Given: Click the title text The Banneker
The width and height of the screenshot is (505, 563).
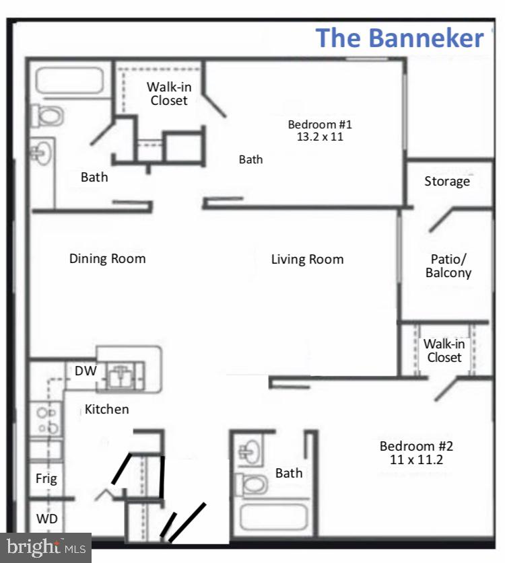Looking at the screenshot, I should (399, 38).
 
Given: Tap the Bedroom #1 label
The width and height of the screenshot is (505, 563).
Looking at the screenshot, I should (320, 124).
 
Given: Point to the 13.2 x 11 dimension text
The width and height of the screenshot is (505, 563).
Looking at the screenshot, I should (320, 137).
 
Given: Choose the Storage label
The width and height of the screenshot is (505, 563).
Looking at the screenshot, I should (447, 182).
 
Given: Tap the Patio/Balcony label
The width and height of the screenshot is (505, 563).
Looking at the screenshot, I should (448, 266).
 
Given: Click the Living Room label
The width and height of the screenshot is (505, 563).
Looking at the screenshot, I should (307, 259).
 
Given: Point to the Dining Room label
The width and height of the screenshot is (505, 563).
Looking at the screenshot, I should (107, 258).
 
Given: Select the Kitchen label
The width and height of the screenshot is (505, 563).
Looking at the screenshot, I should (106, 409).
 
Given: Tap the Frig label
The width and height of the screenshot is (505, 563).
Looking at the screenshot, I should (46, 479).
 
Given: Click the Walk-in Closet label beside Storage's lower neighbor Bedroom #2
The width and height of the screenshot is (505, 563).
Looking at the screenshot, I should (444, 350).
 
